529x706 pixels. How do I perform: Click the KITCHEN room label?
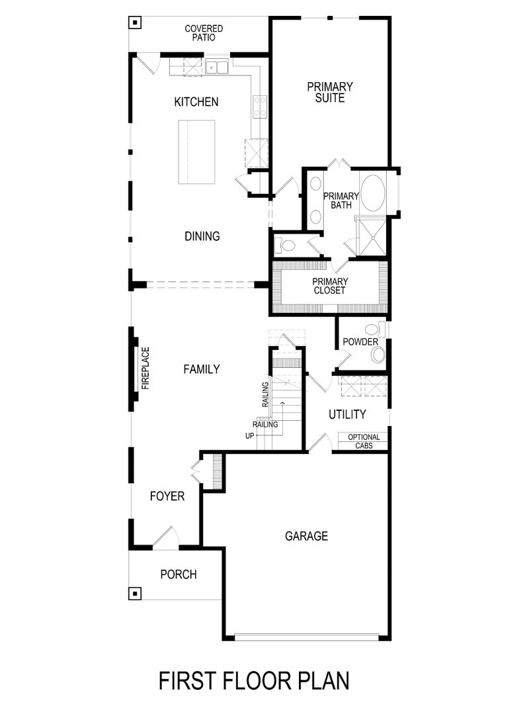coord(196,102)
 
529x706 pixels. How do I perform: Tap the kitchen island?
coord(196,154)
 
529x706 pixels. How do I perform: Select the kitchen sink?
coord(216,66)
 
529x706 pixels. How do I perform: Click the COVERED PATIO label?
coord(204,33)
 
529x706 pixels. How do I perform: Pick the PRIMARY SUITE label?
coord(330,92)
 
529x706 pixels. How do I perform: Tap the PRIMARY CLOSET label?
coord(330,285)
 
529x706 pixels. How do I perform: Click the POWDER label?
coord(360,342)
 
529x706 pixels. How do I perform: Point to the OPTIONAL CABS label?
coord(364,441)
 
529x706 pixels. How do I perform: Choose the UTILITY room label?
coord(347,415)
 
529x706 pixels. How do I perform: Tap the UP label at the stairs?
coord(249,436)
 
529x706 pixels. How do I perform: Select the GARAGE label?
coord(306,536)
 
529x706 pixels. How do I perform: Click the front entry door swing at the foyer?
coord(165,537)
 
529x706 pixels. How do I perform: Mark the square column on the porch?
coord(135,593)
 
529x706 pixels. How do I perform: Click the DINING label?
coord(202,236)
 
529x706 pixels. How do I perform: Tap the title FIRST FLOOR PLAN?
coord(254,680)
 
